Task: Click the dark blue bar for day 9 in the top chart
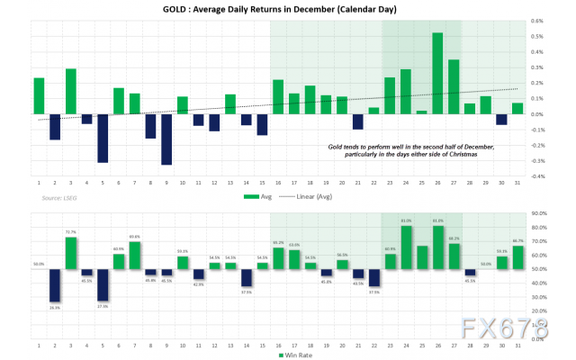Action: coord(166,139)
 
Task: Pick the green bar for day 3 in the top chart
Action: coord(70,92)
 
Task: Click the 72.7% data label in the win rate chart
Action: coord(70,232)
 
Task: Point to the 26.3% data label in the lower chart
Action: coord(54,308)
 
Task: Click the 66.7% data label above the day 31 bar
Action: coord(517,241)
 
